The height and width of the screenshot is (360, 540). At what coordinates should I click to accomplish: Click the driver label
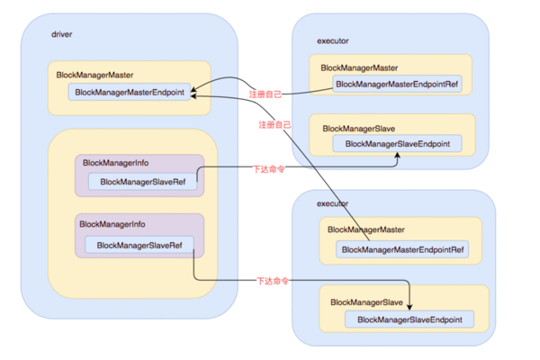click(x=61, y=34)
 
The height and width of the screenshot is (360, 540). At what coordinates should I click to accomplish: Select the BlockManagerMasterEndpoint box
click(x=129, y=92)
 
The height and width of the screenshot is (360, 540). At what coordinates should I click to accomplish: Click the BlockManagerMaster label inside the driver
click(x=94, y=75)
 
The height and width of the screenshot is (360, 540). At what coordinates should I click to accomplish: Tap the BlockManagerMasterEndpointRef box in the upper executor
click(x=397, y=84)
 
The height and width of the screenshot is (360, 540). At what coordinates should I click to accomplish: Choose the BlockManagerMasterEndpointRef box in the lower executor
click(x=402, y=249)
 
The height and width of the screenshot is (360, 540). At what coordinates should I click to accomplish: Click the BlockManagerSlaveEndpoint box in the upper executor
click(x=397, y=144)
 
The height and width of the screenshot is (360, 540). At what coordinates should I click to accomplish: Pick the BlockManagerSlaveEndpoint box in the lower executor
click(x=409, y=319)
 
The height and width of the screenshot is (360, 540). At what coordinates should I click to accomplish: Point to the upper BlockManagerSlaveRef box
click(x=142, y=182)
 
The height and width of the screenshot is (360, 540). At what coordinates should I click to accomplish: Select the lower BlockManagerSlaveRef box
click(x=139, y=245)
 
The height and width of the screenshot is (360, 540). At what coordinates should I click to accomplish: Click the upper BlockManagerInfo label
click(x=116, y=163)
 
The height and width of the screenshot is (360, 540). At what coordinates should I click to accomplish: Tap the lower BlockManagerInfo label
click(x=112, y=224)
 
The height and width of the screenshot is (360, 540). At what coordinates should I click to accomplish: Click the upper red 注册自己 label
click(x=265, y=94)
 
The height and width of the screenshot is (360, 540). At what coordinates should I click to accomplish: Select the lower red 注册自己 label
click(x=274, y=125)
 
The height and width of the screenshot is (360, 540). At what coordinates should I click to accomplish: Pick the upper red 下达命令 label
click(x=268, y=169)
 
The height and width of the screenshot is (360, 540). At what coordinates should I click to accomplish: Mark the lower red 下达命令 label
click(x=273, y=281)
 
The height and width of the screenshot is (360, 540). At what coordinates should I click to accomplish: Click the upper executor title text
click(x=333, y=41)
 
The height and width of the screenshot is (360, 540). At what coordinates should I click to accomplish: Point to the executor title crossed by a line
click(x=332, y=203)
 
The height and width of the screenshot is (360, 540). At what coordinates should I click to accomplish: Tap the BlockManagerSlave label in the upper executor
click(x=359, y=129)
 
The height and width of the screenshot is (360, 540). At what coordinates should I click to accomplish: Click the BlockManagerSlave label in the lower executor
click(x=367, y=302)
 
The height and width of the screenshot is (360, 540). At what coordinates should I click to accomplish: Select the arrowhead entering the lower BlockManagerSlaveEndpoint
click(x=409, y=307)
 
